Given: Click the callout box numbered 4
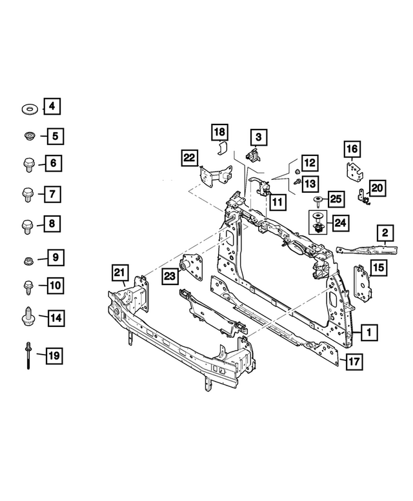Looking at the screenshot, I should (x=53, y=106).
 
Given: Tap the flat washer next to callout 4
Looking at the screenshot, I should (x=28, y=107).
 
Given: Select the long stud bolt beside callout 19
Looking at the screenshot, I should (x=28, y=355).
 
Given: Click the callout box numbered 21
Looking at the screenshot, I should (x=119, y=274).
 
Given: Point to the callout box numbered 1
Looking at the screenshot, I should (x=368, y=333).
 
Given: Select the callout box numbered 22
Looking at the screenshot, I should (x=189, y=157).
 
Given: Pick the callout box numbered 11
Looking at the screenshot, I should (x=276, y=202).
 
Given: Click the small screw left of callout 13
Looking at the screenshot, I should (x=296, y=182).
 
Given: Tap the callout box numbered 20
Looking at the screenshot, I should (x=376, y=188).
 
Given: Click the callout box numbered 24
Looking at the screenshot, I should (x=339, y=223).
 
